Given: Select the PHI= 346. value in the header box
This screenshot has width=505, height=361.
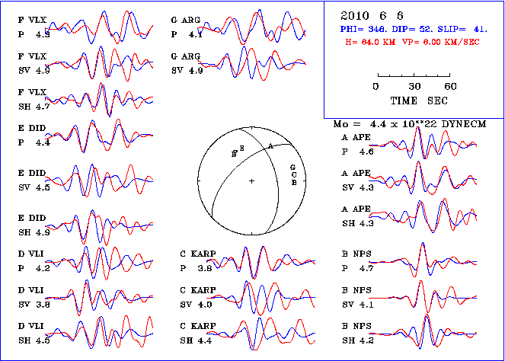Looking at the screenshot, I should tap(363, 27).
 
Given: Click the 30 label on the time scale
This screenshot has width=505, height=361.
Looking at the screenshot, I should tap(415, 86).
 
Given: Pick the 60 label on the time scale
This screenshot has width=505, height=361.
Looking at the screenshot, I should tap(451, 86).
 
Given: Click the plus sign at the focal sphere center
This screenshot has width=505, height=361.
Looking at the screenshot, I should tap(251, 180).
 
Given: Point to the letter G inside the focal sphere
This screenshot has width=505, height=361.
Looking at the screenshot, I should tap(292, 167).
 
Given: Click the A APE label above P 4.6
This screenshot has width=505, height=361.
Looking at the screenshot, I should tap(356, 139).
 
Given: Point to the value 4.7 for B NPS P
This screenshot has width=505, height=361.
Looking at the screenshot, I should tap(366, 268).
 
